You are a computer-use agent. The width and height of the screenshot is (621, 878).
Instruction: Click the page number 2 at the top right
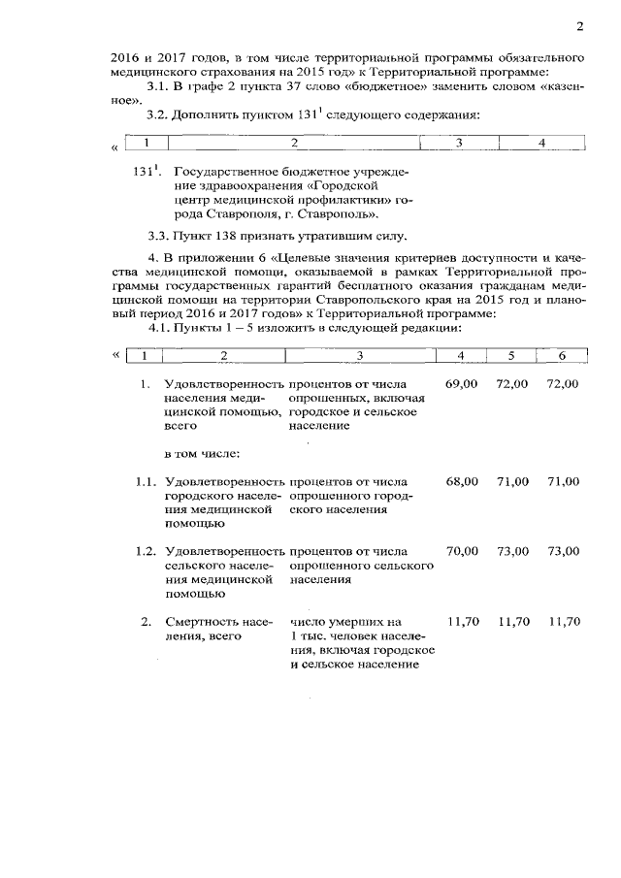pos(579,25)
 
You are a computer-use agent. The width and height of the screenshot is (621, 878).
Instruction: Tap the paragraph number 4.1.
pos(157,327)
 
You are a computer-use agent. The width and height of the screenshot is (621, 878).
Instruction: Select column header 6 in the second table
pos(561,355)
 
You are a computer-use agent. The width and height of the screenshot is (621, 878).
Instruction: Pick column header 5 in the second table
pos(511,355)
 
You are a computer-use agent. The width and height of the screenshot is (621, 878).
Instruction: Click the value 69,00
pos(462,385)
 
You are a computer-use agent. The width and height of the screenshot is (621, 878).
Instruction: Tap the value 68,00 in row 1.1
pos(462,481)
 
